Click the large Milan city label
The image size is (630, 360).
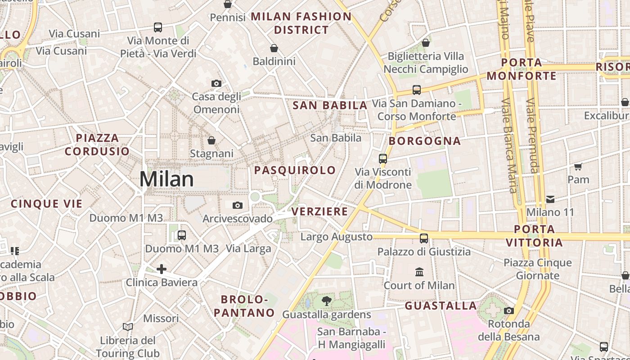166,179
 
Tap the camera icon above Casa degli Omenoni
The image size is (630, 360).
216,83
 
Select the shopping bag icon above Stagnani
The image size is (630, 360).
211,141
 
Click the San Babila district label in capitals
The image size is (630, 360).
330,105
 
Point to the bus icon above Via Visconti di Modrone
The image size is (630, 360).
383,158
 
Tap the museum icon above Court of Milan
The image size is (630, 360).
419,272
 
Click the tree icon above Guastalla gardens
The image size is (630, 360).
327,301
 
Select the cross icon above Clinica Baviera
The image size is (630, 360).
162,269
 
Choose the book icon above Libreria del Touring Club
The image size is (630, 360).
128,327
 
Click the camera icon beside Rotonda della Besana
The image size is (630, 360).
509,310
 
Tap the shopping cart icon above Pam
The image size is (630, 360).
578,166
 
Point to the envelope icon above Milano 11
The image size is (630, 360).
550,199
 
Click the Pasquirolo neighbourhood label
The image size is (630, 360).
295,170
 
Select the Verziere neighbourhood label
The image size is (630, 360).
319,211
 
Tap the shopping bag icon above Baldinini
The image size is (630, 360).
274,48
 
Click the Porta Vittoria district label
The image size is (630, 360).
534,236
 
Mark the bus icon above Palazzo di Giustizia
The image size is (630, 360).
424,238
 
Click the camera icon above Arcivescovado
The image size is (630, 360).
238,206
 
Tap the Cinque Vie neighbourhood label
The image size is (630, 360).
47,204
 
